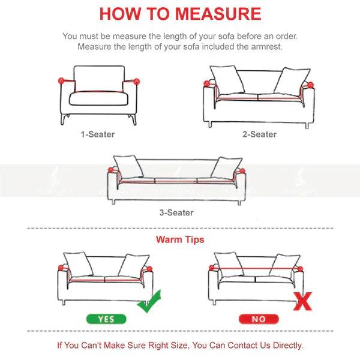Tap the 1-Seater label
pos(97,134)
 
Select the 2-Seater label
pos(259,134)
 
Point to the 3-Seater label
pos(176,212)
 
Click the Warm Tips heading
pos(179,239)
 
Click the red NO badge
pos(258,320)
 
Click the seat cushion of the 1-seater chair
pos(98,98)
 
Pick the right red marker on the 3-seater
pos(243,172)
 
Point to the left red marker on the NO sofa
pos(214,265)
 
